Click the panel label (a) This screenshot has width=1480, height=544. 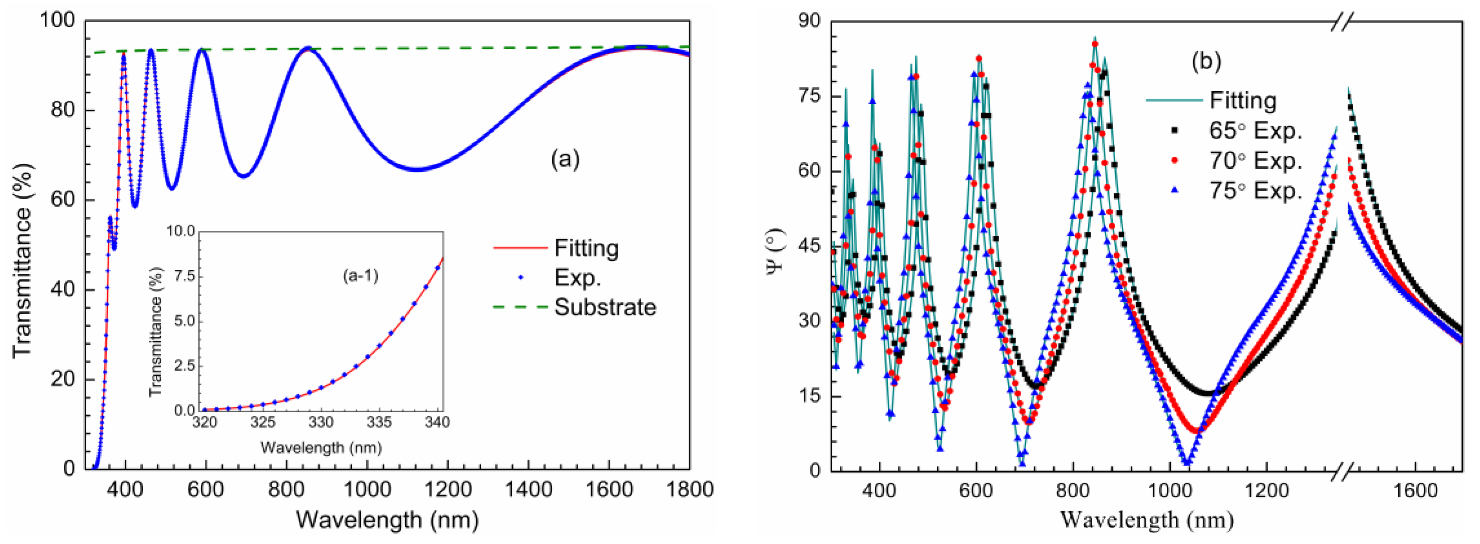pyautogui.click(x=565, y=159)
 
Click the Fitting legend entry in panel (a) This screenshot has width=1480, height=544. pyautogui.click(x=586, y=248)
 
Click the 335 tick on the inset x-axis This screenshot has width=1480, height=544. pyautogui.click(x=379, y=423)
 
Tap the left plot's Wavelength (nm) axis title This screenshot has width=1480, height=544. pyautogui.click(x=387, y=520)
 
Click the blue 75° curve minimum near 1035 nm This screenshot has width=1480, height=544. pyautogui.click(x=1186, y=463)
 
